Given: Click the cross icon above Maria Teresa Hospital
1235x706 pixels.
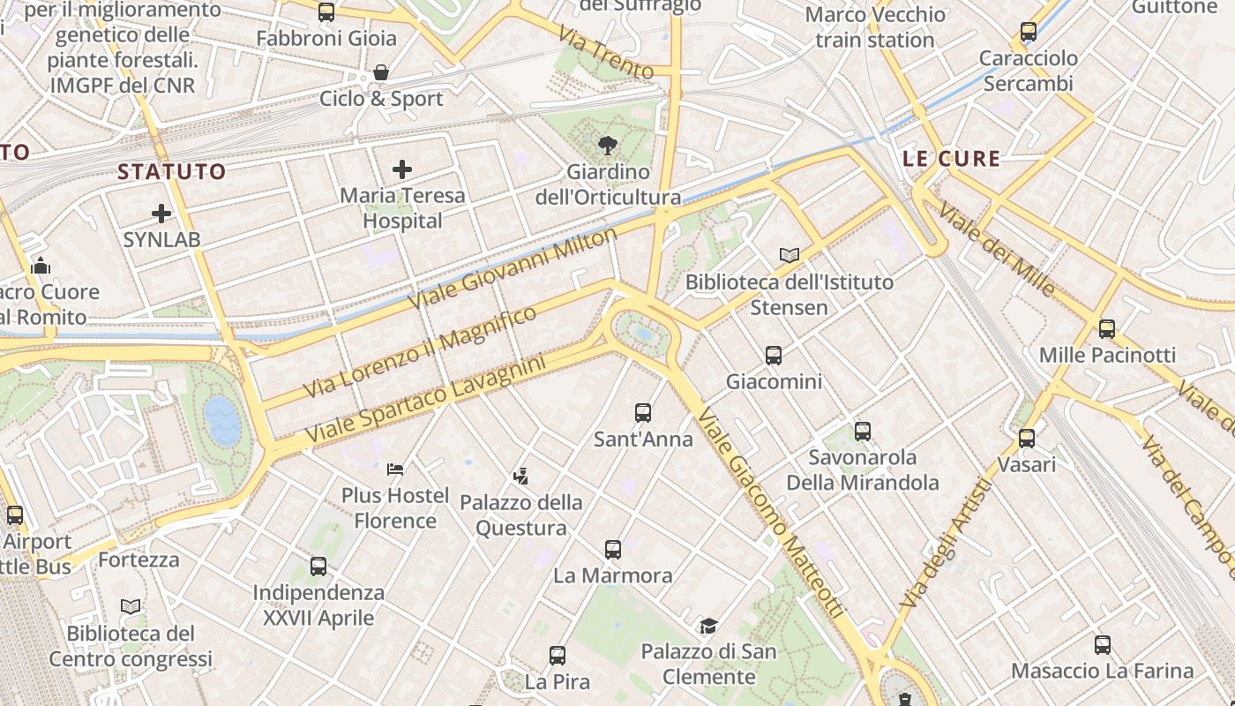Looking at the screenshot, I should click(402, 169).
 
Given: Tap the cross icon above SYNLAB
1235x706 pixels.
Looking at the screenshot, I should click(161, 214).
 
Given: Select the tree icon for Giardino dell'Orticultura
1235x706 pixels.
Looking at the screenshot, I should click(607, 145).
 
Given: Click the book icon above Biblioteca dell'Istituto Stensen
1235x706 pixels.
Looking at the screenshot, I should click(790, 256).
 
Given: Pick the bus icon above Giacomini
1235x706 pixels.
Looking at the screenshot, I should click(774, 356).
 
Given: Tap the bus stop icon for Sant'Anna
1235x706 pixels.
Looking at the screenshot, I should click(643, 412).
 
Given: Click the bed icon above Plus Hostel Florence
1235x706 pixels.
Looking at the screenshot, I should click(395, 469).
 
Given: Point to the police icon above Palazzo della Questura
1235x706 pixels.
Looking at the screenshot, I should click(520, 477).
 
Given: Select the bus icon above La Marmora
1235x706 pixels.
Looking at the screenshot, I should click(613, 550).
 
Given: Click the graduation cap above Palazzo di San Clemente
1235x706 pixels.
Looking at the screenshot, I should click(708, 626).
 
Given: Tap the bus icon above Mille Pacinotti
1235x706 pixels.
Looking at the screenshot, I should click(1107, 329).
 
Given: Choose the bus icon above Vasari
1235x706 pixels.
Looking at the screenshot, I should click(1027, 438).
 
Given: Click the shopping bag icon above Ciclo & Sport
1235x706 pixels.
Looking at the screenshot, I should click(381, 72).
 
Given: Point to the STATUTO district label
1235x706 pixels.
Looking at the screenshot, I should click(172, 171).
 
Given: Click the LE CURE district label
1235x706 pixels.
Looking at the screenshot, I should click(952, 159).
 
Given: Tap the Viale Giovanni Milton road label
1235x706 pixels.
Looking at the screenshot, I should click(513, 268).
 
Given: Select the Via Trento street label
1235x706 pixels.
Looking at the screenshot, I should click(605, 50).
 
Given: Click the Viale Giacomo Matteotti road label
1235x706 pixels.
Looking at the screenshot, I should click(769, 512).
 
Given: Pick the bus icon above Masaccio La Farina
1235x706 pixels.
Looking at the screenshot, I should click(1103, 645).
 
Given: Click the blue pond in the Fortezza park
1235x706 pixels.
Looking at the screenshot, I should click(221, 420).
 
